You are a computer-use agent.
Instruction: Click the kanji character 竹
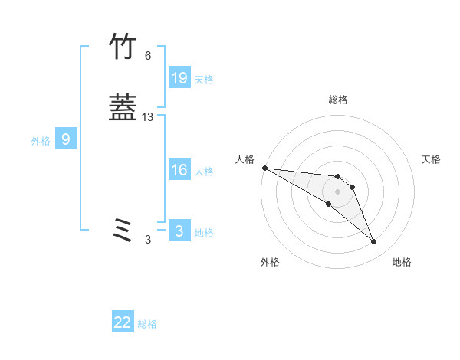(x=123, y=47)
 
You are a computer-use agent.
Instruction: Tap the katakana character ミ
(x=123, y=230)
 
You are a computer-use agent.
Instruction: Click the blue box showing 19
(x=179, y=77)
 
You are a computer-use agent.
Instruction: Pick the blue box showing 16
(x=179, y=170)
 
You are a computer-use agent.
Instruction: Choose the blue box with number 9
(x=66, y=139)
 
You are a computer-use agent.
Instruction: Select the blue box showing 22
(x=123, y=323)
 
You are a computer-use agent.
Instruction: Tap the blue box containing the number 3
(x=179, y=231)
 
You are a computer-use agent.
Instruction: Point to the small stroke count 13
(x=148, y=117)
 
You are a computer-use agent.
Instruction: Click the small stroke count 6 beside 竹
(x=147, y=56)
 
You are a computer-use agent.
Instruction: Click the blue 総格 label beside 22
(x=147, y=325)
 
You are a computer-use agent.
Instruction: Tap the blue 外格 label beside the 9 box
(x=41, y=141)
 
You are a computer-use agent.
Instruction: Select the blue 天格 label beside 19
(x=204, y=80)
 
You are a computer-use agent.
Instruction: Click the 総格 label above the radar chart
(x=338, y=100)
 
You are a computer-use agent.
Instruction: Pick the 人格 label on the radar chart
(x=245, y=159)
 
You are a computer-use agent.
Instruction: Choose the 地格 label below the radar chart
(x=402, y=263)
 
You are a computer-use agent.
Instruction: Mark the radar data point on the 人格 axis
(x=264, y=168)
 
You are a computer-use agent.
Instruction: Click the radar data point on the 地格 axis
(x=374, y=242)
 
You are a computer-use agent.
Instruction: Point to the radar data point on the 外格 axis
(x=328, y=204)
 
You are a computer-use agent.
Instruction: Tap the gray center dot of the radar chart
(x=338, y=191)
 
